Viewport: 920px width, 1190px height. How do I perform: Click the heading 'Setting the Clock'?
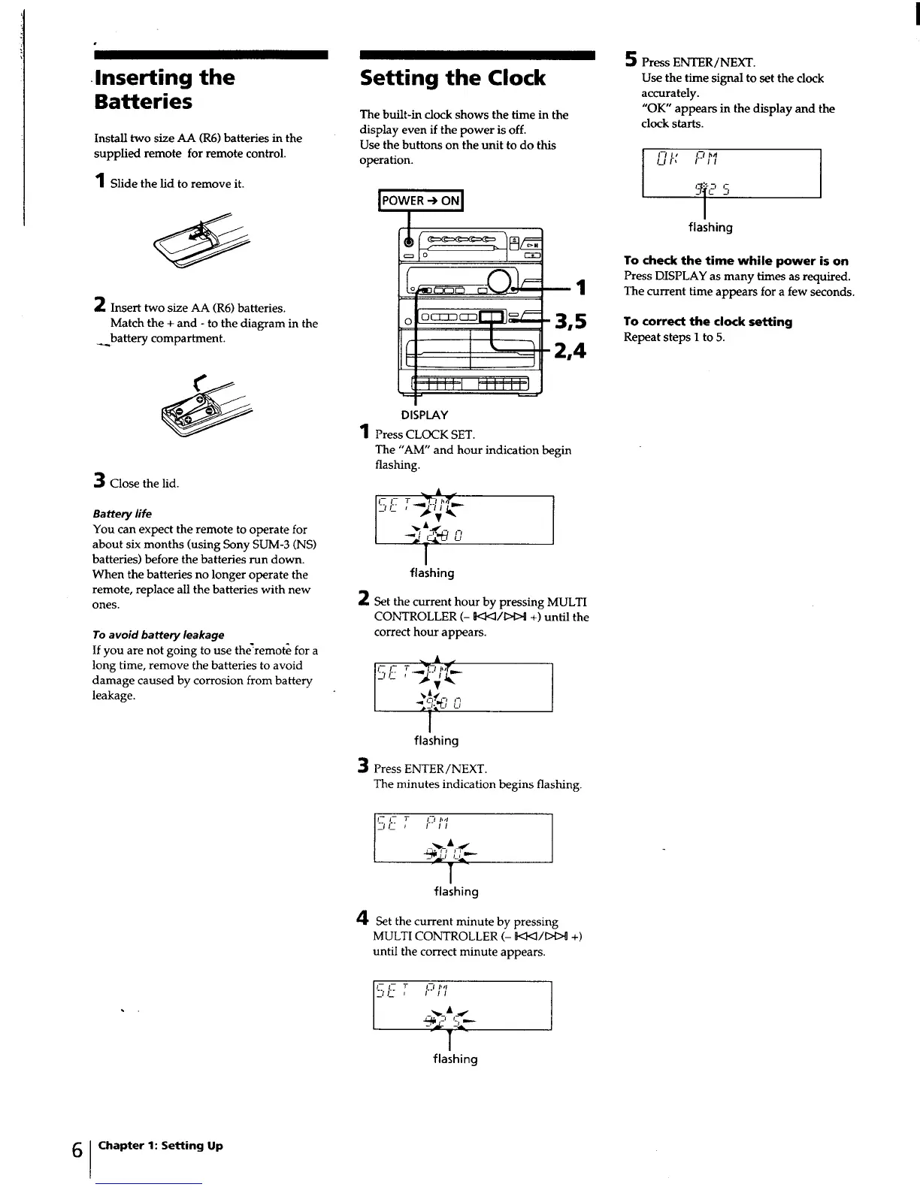pyautogui.click(x=452, y=78)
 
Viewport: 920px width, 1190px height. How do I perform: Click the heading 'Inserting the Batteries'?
pyautogui.click(x=164, y=89)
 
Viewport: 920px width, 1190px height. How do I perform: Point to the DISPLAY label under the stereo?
pyautogui.click(x=424, y=415)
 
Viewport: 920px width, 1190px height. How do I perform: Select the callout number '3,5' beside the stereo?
pyautogui.click(x=570, y=322)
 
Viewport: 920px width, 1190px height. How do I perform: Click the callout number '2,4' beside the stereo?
pyautogui.click(x=570, y=351)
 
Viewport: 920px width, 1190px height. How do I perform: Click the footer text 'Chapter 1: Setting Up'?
pyautogui.click(x=160, y=1146)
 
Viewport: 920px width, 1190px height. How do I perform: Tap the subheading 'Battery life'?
pyautogui.click(x=122, y=514)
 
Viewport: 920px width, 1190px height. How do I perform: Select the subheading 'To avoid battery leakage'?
pyautogui.click(x=158, y=635)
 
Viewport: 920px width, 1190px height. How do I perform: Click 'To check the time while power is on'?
pyautogui.click(x=736, y=261)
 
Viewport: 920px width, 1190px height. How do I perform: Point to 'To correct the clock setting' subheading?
pyautogui.click(x=707, y=322)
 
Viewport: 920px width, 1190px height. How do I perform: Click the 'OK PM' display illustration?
pyautogui.click(x=731, y=174)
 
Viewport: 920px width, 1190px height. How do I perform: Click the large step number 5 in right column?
pyautogui.click(x=631, y=59)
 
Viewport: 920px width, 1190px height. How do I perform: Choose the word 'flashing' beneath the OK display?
pyautogui.click(x=710, y=227)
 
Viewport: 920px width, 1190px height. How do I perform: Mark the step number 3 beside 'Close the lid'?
pyautogui.click(x=98, y=480)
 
